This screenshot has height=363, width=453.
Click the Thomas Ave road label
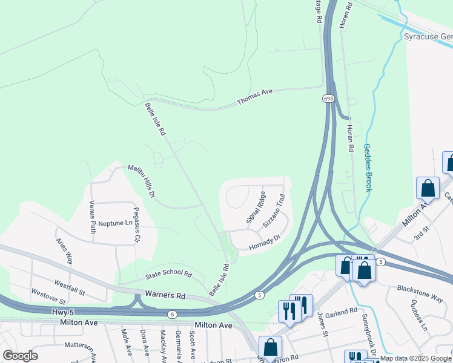255,96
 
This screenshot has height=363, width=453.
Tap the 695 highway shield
328,97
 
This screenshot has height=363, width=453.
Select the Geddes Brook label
367,168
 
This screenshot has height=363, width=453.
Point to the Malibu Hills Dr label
142,181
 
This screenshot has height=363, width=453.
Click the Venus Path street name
93,217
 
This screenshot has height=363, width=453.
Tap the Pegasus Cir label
136,228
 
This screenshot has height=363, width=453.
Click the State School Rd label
168,275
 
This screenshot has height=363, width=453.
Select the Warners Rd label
165,296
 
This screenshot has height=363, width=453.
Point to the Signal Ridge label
256,208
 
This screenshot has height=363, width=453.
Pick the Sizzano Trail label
274,211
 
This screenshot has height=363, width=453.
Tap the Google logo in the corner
20,356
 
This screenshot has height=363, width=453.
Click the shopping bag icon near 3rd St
428,189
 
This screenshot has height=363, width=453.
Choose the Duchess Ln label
418,313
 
